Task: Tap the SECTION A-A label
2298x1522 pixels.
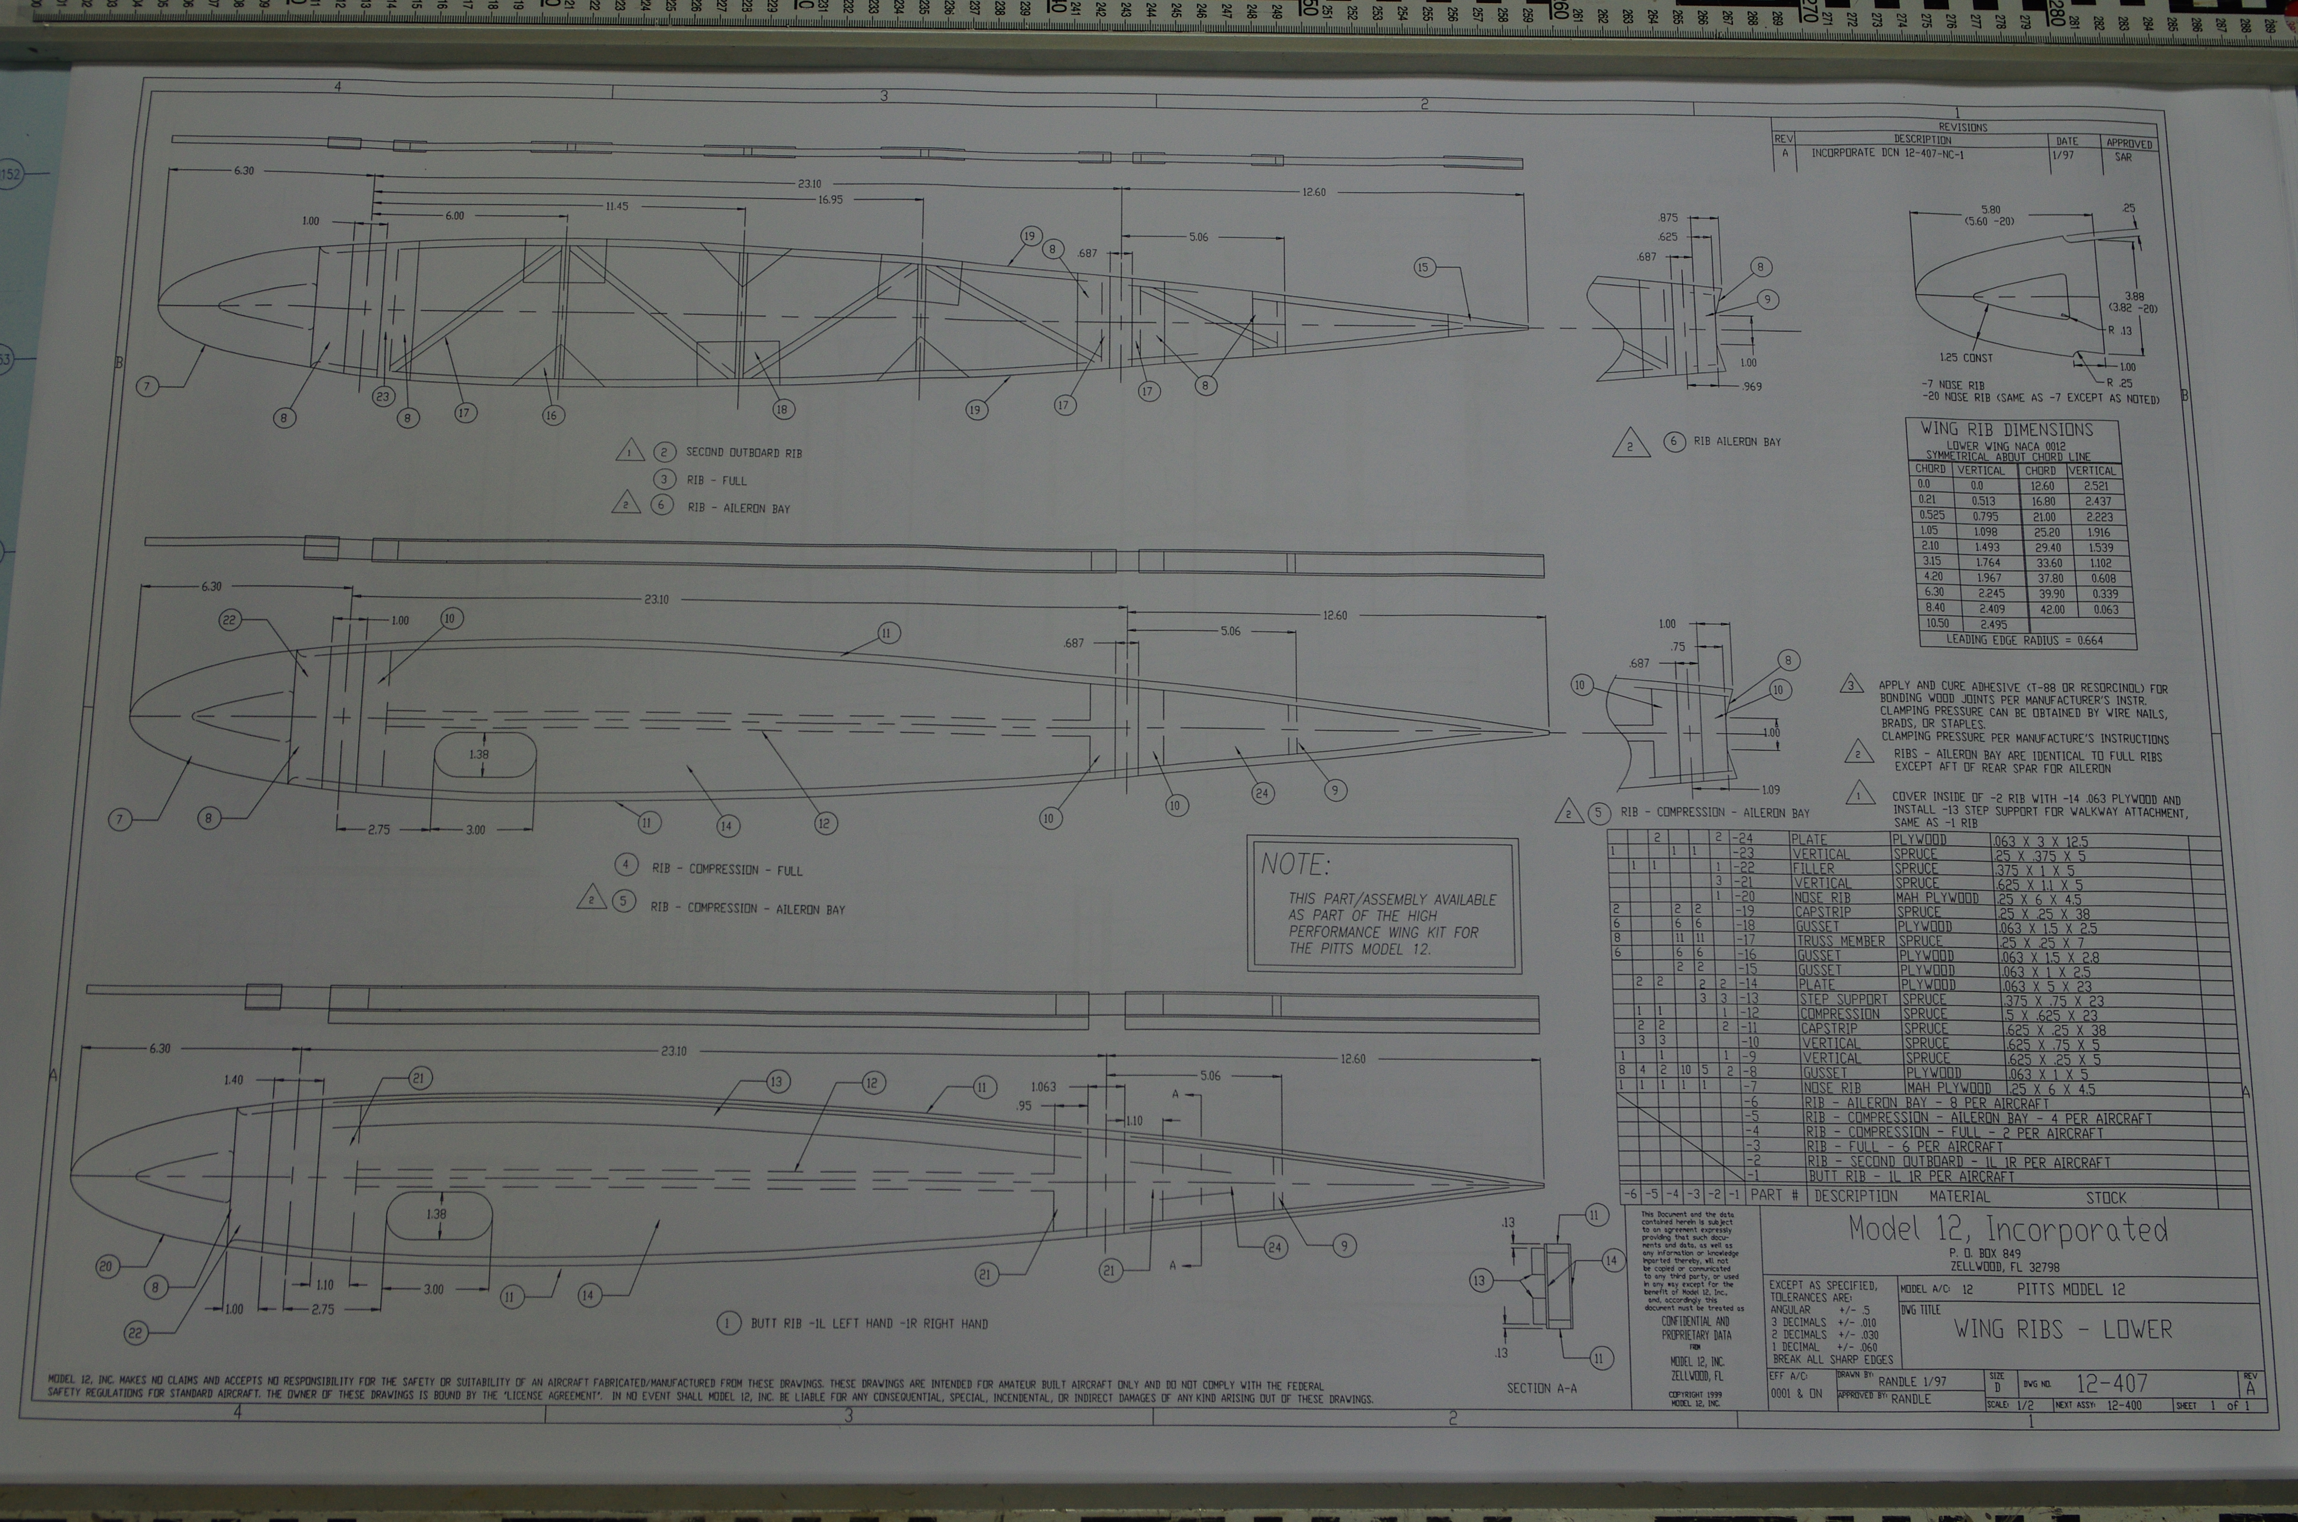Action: [1541, 1388]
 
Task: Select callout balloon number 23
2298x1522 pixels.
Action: [382, 396]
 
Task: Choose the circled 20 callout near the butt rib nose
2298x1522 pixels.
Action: [107, 1266]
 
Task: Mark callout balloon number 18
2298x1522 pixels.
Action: [782, 409]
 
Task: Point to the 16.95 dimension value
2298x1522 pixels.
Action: [830, 200]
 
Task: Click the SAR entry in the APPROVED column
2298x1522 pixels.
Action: [2122, 156]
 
